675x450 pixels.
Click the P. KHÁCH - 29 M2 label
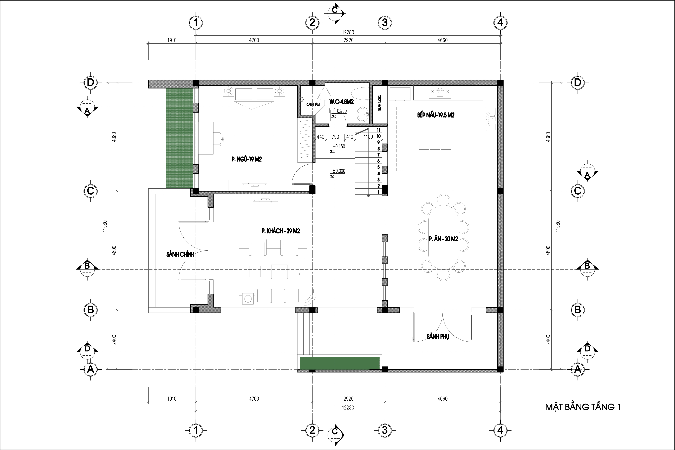point(281,231)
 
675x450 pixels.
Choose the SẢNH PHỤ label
point(438,337)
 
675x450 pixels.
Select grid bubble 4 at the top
point(500,22)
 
